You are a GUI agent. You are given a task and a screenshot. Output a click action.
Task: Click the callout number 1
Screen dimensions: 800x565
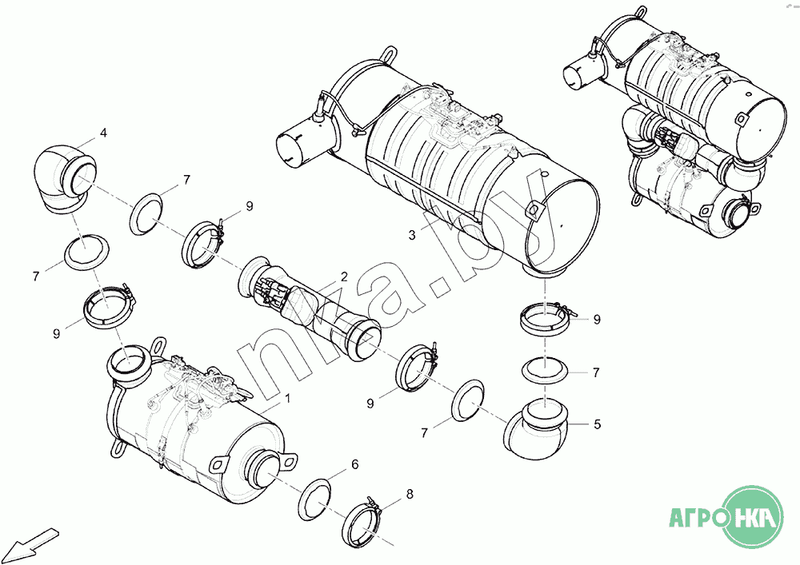click(287, 398)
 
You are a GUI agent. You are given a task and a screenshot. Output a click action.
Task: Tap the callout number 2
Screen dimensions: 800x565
click(344, 277)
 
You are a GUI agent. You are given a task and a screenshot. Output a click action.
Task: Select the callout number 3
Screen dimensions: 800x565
click(412, 235)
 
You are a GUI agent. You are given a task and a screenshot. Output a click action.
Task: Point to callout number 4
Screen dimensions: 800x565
click(103, 133)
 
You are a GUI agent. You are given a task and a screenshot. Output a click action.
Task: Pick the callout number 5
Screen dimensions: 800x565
click(597, 424)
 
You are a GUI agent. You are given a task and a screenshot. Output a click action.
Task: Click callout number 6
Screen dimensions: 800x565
click(354, 464)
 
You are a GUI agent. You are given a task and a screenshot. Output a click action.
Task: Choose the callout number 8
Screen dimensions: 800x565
click(409, 494)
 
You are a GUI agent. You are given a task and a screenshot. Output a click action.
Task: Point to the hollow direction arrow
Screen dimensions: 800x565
click(33, 541)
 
